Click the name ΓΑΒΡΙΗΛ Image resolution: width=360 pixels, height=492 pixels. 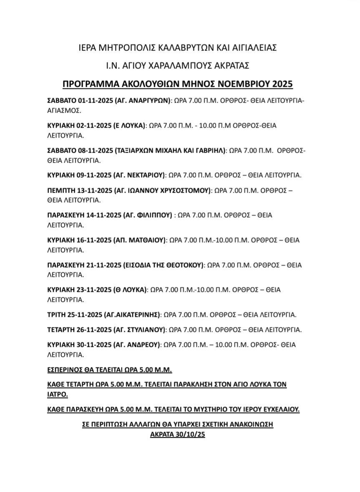pyautogui.click(x=206, y=151)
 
